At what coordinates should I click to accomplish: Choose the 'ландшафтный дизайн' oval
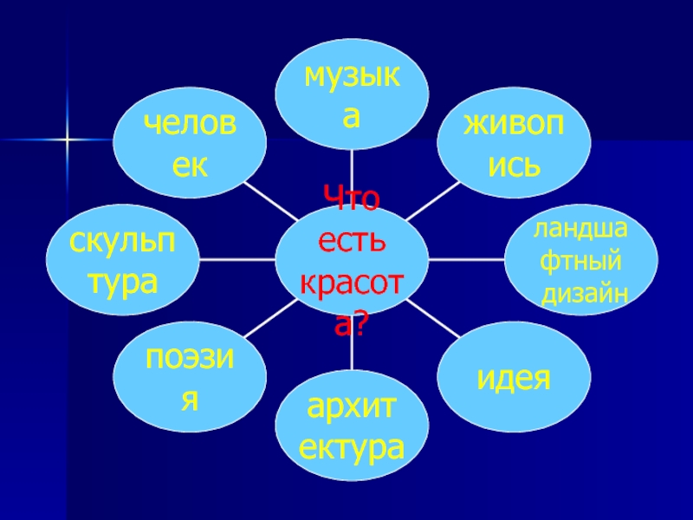tap(581, 259)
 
